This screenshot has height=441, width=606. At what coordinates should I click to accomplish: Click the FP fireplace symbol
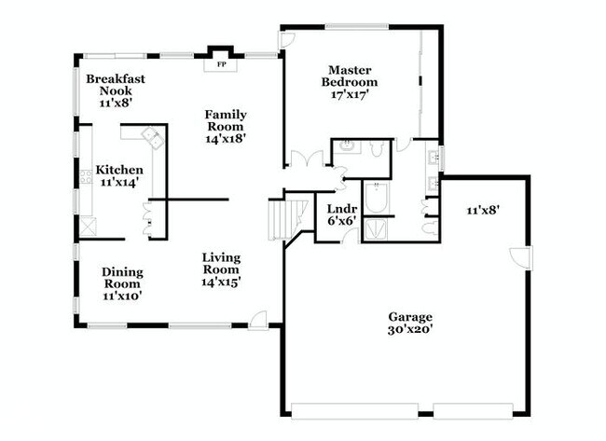(x=221, y=65)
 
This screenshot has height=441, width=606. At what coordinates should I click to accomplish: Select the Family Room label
(x=225, y=120)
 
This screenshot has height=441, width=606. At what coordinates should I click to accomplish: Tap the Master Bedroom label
(x=350, y=76)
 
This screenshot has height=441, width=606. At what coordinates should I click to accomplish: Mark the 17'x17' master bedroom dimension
(x=350, y=94)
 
